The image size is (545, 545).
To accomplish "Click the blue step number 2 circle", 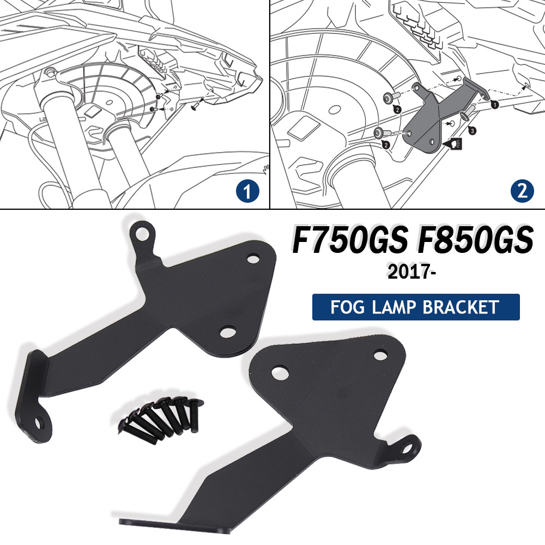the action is coord(522,191).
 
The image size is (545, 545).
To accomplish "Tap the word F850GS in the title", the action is coord(475,240).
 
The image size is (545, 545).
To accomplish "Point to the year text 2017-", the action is coord(411,271).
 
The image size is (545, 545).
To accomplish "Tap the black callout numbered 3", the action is coord(471,131).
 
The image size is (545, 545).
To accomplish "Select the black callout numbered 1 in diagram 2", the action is coord(494,104).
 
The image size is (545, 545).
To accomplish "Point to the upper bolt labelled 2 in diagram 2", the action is coord(391,98).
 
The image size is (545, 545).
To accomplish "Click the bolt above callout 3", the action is coord(467,113).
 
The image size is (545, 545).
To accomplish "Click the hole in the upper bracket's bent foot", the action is coord(38,423).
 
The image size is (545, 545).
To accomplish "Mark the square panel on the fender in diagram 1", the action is coord(93,111).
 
